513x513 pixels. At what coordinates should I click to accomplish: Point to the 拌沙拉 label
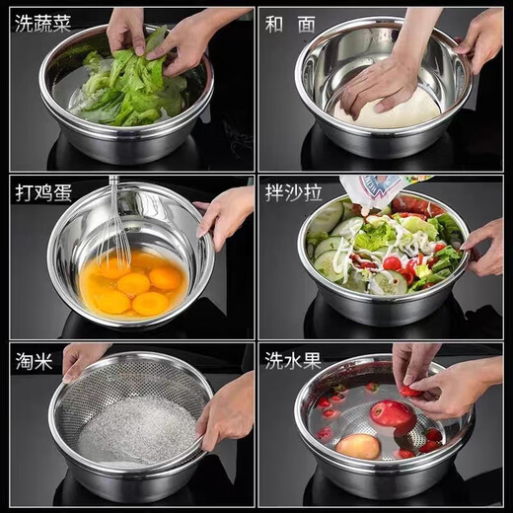[293, 192]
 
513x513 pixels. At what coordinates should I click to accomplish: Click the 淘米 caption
[37, 360]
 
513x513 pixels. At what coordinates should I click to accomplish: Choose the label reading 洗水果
[293, 360]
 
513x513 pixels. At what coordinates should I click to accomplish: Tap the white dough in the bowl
[395, 109]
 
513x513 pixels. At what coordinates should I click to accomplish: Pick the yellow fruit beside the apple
[358, 446]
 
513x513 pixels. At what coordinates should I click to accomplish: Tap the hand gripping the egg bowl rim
[225, 212]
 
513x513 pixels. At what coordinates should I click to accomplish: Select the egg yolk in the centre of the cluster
[133, 284]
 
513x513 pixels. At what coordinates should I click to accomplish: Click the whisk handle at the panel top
[114, 184]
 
